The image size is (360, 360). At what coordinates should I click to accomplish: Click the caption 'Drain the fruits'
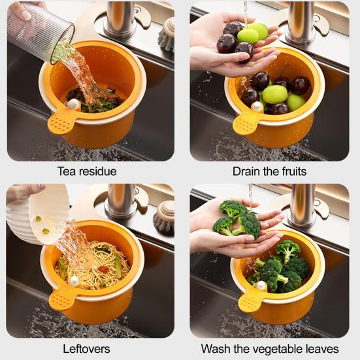pos(269,172)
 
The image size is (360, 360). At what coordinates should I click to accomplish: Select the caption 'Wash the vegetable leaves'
pos(269,348)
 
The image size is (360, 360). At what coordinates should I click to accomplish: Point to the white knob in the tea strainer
pos(75,103)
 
